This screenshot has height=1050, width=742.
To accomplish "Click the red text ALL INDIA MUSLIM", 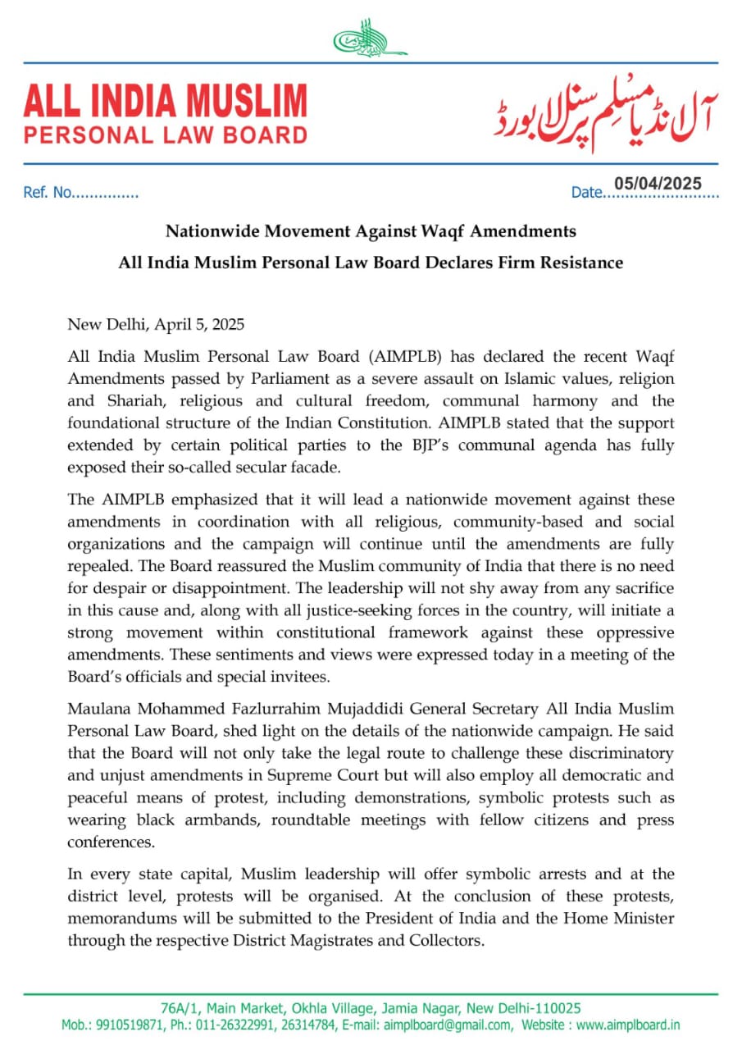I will pos(165,101).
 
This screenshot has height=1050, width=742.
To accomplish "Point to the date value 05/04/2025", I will pos(658,184).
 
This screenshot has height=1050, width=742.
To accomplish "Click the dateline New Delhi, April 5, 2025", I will pos(156,324).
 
